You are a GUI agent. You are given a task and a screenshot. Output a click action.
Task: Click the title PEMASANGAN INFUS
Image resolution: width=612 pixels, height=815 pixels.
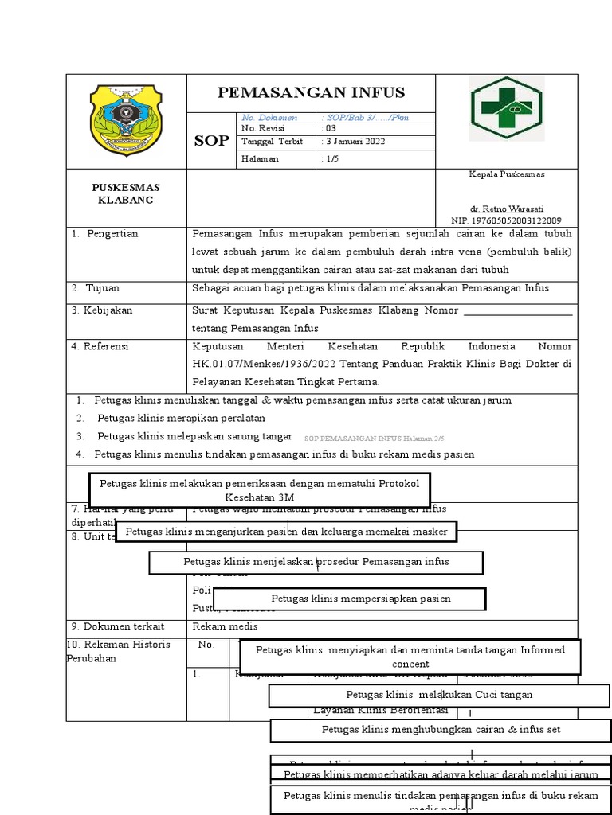click(x=312, y=92)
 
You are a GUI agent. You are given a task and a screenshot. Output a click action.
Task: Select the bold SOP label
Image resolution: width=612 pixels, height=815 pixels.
click(x=212, y=142)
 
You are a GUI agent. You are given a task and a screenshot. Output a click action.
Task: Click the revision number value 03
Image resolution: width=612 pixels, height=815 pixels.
click(x=329, y=128)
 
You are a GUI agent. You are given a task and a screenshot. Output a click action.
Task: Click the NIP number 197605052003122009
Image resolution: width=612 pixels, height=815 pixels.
click(x=505, y=220)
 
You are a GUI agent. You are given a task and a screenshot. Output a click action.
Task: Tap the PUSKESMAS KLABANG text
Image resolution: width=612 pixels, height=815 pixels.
click(x=126, y=193)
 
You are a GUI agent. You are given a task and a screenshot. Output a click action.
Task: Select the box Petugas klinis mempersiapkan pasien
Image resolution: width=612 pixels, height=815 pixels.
click(x=361, y=599)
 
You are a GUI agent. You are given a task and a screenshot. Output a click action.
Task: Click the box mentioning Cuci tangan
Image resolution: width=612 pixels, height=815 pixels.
click(x=438, y=695)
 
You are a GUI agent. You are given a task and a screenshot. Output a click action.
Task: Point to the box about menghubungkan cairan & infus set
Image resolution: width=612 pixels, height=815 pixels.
click(x=441, y=729)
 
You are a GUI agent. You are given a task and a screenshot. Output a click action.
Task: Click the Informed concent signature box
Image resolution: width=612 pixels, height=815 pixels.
click(x=410, y=657)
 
